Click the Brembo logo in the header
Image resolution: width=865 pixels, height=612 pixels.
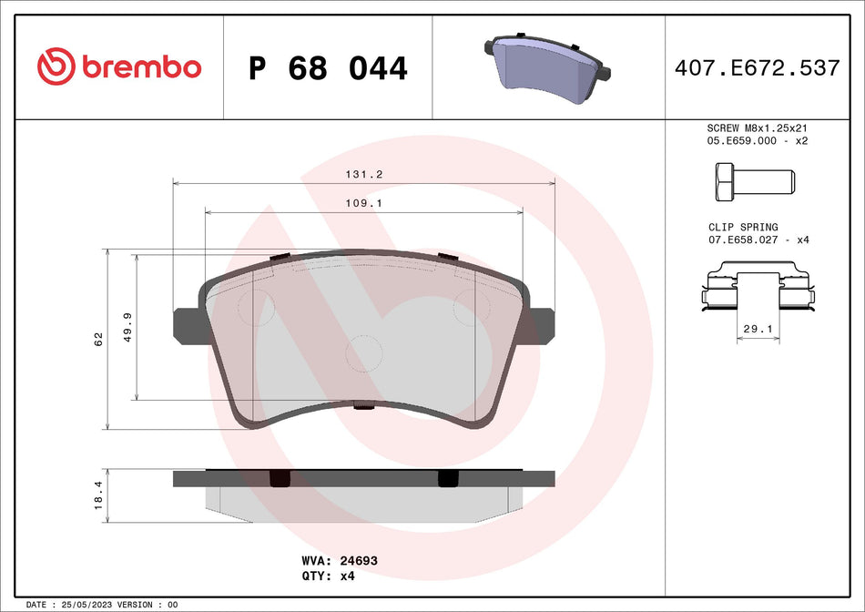tap(118, 66)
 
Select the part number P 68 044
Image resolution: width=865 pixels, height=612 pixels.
tap(328, 68)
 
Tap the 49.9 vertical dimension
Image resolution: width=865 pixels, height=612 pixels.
tap(127, 325)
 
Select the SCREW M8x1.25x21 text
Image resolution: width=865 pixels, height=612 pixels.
tap(758, 128)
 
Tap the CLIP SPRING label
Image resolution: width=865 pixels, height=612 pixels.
tap(743, 228)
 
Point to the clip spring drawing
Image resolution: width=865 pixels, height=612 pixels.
tap(757, 287)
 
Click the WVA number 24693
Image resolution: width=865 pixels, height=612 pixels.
tap(359, 562)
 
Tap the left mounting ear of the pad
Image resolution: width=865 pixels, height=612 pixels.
tap(186, 324)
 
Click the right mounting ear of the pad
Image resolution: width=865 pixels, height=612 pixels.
tap(542, 324)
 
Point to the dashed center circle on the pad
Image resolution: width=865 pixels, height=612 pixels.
tap(365, 352)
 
